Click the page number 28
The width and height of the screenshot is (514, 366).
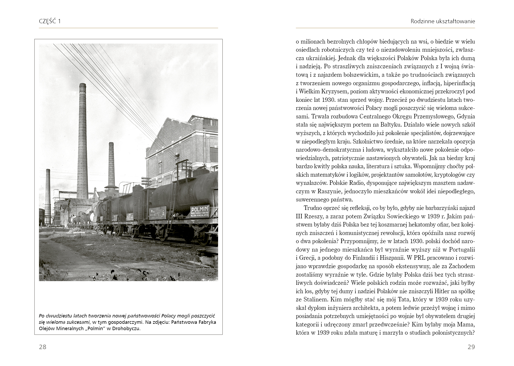pos(42,347)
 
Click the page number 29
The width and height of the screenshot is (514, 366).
pos(471,347)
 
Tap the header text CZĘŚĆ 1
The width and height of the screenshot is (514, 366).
pos(50,21)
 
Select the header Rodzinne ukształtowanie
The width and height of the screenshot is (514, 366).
pos(443,21)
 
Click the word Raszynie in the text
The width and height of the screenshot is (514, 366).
pos(328,191)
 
